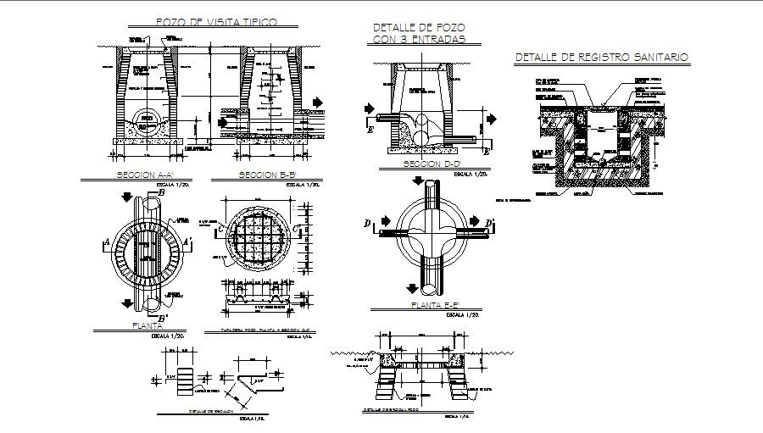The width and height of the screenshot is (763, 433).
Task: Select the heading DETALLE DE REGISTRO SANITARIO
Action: pos(601,58)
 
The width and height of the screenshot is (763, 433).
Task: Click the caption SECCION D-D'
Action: pos(432,163)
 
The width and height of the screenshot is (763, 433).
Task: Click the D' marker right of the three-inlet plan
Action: pos(490,224)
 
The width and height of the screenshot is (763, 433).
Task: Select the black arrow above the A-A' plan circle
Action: pos(125,197)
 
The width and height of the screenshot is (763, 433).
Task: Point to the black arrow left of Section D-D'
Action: pos(369,108)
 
